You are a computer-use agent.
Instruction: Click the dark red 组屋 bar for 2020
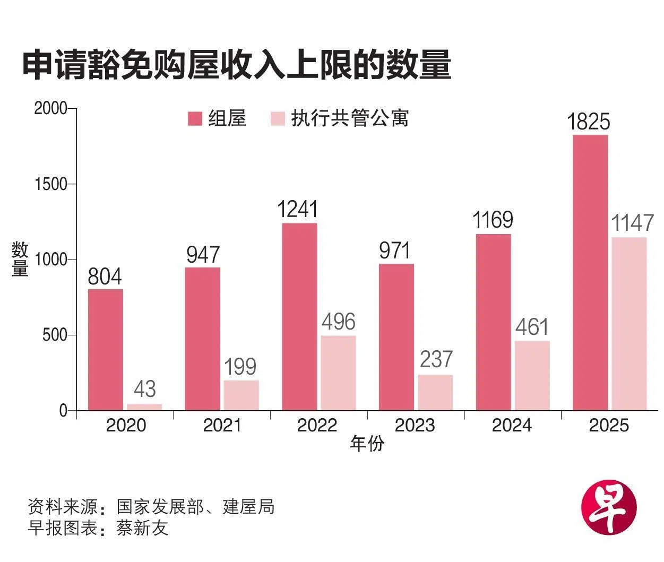point(106,349)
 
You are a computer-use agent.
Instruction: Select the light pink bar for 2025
point(629,323)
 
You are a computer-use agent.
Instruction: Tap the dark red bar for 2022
point(299,316)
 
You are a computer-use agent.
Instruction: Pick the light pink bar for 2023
point(435,392)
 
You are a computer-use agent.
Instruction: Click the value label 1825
point(589,122)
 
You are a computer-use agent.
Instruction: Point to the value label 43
point(145,389)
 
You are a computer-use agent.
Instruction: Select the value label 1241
point(298,210)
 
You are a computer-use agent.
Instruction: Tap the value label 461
point(531,327)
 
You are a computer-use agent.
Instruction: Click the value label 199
point(240,367)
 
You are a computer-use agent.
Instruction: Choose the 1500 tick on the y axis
point(51,184)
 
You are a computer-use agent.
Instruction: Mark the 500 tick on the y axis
point(56,335)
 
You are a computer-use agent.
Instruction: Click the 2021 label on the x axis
point(222,426)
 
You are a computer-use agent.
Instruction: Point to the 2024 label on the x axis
point(512,426)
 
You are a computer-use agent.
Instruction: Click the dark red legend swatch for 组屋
point(195,118)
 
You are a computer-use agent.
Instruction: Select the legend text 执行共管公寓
point(350,118)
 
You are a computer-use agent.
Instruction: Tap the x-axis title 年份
point(366,444)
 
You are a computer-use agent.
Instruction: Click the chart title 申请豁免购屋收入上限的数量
point(237,65)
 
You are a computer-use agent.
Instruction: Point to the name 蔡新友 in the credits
point(142,529)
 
